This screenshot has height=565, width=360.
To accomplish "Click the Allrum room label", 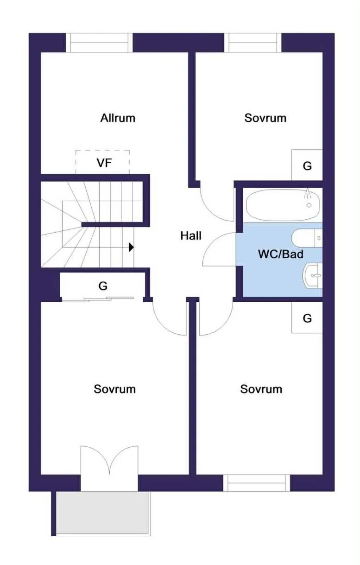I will [118, 118].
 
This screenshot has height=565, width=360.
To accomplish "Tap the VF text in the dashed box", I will [104, 163].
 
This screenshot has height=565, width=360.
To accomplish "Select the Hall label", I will [191, 235].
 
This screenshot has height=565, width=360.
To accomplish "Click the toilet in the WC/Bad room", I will [306, 239].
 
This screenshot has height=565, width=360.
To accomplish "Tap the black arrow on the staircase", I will [131, 247].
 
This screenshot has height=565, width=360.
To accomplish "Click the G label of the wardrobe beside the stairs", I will [103, 286].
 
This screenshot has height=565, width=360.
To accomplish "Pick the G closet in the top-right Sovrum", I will [307, 165].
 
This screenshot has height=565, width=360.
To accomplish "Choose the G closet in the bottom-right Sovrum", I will [307, 318].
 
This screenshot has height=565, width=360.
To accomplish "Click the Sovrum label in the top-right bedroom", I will [265, 118].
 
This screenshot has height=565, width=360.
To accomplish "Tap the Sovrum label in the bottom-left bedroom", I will [114, 388].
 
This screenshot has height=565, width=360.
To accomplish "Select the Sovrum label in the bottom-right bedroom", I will [261, 388].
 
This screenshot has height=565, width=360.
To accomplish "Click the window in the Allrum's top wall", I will [99, 43].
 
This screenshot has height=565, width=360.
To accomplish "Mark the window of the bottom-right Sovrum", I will [257, 483].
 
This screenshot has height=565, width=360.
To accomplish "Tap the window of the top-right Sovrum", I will [253, 43].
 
